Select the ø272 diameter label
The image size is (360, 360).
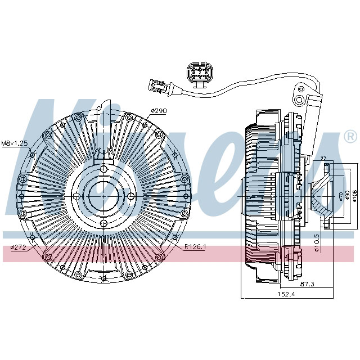pos(19,247)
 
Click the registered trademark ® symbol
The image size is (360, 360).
pos(350,137)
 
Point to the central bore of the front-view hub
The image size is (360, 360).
pos(103,196)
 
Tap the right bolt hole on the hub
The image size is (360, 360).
pos(130,196)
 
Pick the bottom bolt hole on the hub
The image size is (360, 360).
pos(103,223)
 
